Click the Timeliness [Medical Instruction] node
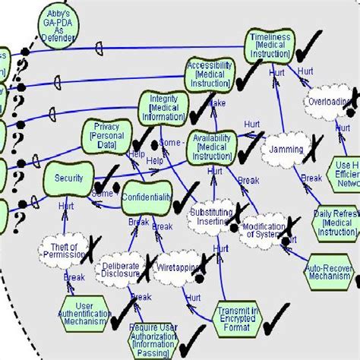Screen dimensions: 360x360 pyautogui.click(x=270, y=46)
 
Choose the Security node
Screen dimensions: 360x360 pyautogui.click(x=68, y=178)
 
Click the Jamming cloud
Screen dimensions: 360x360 pyautogui.click(x=286, y=150)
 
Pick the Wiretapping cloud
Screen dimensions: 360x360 pyautogui.click(x=178, y=268)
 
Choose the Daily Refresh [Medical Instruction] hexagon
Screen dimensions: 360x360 pyautogui.click(x=336, y=223)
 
